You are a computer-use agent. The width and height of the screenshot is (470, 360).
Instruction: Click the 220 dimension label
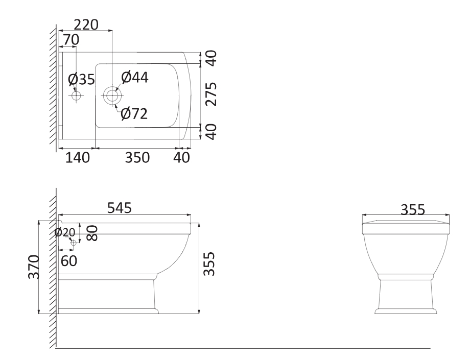86,25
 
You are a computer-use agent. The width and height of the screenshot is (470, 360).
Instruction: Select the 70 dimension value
72,40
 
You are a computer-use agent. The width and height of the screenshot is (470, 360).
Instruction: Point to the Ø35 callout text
81,79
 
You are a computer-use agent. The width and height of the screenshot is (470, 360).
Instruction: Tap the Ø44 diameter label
135,77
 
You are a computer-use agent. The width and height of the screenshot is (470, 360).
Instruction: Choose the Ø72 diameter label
134,114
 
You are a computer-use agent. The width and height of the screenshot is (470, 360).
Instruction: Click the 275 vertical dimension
212,94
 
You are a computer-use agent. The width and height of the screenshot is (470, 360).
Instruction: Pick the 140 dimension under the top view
77,158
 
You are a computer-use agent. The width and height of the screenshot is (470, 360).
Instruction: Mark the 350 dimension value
137,158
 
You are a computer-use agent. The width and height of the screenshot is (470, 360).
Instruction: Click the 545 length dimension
120,208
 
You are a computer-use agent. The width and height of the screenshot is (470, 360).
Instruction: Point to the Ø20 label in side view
65,232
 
